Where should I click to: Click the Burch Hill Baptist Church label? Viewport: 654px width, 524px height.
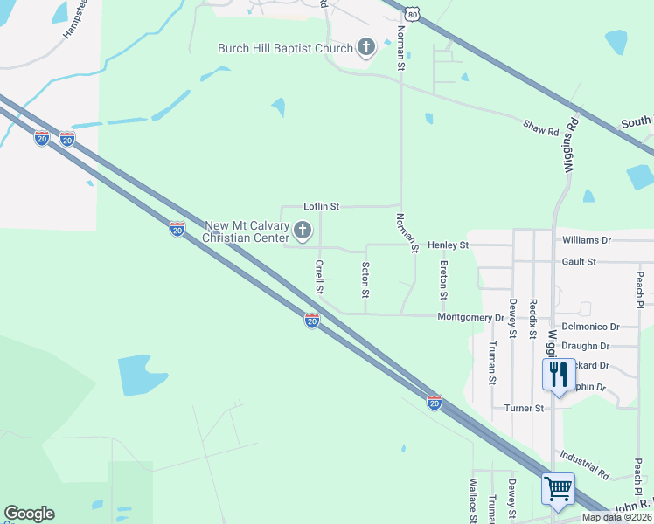[x=284, y=48]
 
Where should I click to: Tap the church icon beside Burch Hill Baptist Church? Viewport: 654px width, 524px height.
[x=365, y=47]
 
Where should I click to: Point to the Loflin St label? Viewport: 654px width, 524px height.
[x=321, y=206]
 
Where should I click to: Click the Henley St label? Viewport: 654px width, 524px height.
[x=449, y=245]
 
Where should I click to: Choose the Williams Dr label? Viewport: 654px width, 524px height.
[x=587, y=239]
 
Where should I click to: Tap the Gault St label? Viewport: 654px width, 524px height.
[x=580, y=261]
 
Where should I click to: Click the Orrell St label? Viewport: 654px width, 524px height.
[x=320, y=276]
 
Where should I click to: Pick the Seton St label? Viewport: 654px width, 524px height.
[x=365, y=279]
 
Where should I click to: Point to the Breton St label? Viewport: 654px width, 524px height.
[x=444, y=279]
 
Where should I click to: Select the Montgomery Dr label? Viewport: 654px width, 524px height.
[x=470, y=317]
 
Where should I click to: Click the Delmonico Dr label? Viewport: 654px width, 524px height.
[x=590, y=326]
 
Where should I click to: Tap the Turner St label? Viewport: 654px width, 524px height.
[x=525, y=408]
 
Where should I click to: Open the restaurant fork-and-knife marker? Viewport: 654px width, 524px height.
[x=558, y=375]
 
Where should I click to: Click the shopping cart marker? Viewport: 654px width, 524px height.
[x=558, y=488]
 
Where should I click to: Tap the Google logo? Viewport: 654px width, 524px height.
[x=30, y=514]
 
